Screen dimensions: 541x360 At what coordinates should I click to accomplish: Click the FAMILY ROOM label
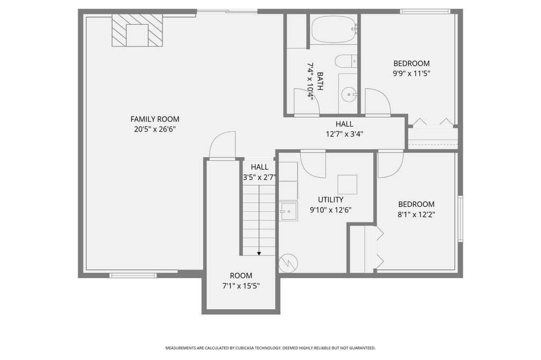[155, 119]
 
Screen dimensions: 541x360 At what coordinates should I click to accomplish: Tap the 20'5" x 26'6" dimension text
[155, 129]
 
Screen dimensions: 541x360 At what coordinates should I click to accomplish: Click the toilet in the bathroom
[346, 61]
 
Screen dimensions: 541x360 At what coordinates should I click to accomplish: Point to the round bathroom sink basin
[349, 94]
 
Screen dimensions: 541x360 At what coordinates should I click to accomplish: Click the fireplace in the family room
[137, 30]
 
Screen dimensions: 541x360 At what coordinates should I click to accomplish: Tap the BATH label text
[320, 81]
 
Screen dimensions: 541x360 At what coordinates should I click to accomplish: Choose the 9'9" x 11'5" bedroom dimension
[412, 73]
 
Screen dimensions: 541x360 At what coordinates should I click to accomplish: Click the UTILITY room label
[331, 200]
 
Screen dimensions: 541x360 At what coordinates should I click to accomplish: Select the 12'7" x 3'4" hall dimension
[344, 134]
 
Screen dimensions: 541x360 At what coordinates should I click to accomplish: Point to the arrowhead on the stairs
[259, 253]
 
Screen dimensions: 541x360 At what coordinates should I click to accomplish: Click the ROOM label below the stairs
[241, 276]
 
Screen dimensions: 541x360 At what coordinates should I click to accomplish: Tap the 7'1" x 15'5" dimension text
[241, 286]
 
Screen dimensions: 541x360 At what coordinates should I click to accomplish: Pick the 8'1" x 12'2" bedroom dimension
[416, 214]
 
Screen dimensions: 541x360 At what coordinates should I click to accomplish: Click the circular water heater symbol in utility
[288, 263]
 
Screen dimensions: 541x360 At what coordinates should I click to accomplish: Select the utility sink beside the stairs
[288, 211]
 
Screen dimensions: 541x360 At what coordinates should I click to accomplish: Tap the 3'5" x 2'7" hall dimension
[259, 177]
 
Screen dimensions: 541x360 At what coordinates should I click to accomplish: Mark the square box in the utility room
[347, 184]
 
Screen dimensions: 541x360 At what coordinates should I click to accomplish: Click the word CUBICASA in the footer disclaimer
[245, 348]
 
